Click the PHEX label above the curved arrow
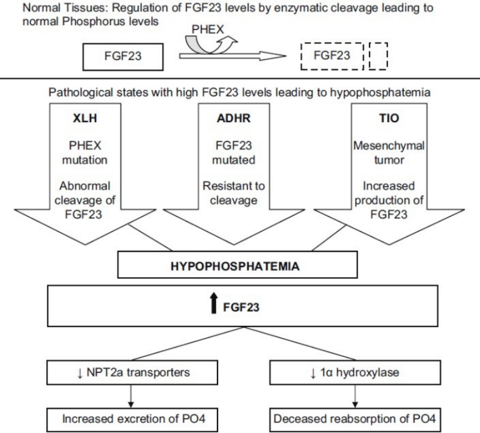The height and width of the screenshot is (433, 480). click(208, 29)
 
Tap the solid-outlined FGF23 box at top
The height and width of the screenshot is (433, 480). click(122, 57)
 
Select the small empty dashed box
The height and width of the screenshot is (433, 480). click(379, 56)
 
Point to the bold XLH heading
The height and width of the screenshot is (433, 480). click(85, 118)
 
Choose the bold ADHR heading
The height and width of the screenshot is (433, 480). click(234, 118)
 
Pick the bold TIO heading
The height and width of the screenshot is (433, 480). click(389, 118)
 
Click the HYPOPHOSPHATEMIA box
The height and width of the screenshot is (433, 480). click(237, 265)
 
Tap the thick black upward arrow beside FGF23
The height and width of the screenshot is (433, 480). click(214, 303)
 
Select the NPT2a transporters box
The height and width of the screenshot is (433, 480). click(132, 372)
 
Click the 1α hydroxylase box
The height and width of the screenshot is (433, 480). click(355, 372)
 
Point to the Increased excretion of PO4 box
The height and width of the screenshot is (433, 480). click(132, 419)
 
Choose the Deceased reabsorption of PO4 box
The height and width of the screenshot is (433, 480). click(355, 419)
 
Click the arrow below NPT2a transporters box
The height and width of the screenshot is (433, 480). click(131, 396)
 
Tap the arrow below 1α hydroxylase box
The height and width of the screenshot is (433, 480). click(355, 396)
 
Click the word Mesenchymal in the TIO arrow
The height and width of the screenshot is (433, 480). click(389, 146)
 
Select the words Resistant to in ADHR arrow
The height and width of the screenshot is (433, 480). click(234, 186)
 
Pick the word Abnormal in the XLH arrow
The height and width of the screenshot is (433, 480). click(85, 186)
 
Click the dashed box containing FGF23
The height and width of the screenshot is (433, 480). click(332, 56)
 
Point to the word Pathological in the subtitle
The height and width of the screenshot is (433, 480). click(81, 92)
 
